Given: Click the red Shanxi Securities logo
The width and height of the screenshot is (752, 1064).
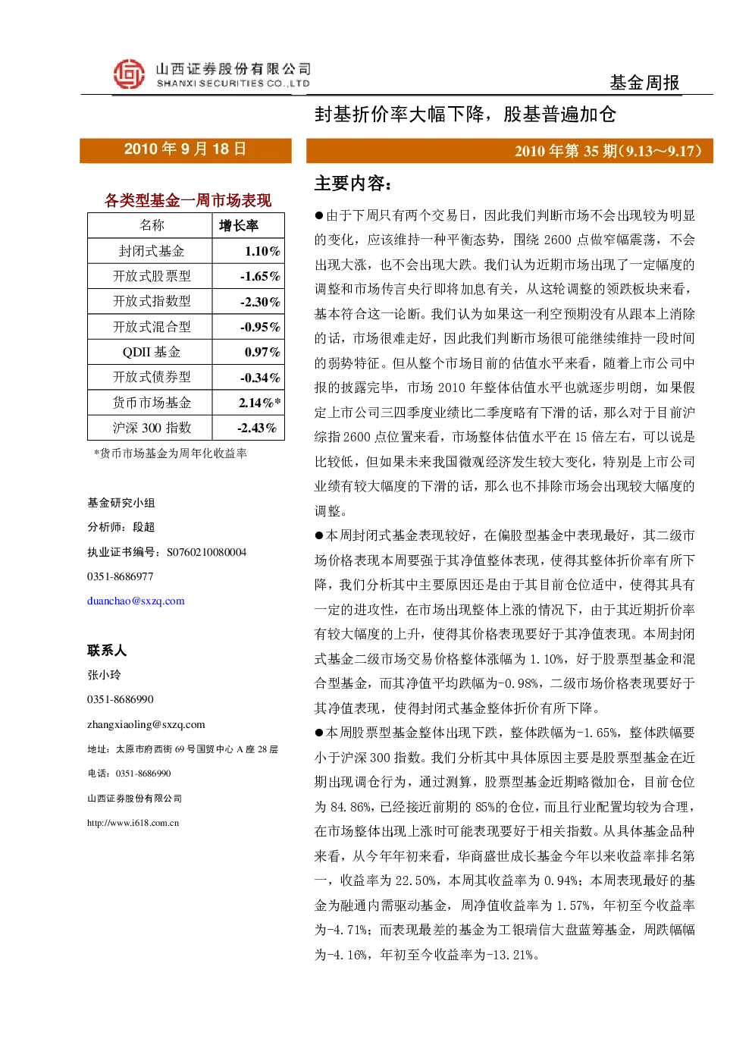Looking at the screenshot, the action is [129, 74].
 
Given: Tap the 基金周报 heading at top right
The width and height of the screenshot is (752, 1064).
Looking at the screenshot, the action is [644, 83].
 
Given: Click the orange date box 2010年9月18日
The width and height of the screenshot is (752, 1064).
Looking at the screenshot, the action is [186, 150].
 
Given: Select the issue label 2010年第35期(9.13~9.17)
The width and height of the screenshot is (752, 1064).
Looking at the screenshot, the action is [608, 151].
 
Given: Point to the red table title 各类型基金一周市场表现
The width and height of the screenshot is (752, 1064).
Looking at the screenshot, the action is [187, 200].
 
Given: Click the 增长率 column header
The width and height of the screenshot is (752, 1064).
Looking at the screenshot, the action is [239, 225].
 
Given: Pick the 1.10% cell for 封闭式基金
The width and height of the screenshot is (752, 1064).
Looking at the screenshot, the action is [262, 251].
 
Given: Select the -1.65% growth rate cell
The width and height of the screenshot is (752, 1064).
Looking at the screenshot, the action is [260, 276].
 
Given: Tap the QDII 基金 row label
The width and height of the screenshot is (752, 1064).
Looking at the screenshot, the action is [152, 352].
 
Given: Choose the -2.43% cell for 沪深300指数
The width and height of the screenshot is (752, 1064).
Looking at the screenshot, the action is [257, 428].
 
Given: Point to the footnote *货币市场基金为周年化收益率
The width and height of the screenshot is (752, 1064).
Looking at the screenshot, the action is [171, 454].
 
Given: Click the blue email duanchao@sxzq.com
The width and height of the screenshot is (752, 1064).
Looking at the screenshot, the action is [136, 601].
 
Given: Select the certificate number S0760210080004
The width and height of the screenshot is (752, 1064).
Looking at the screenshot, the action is [206, 552].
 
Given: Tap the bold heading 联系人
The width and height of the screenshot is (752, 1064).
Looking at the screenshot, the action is [107, 650].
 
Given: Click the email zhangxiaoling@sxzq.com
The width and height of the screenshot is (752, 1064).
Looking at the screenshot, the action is [146, 724].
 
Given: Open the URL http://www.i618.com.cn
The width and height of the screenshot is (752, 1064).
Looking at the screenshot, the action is [133, 823].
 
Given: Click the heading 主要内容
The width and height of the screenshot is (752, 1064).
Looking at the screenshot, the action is [352, 184].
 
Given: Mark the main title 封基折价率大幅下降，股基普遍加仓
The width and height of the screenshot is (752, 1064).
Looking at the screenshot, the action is [465, 114].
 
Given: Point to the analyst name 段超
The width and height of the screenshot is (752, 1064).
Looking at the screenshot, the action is [144, 527].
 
